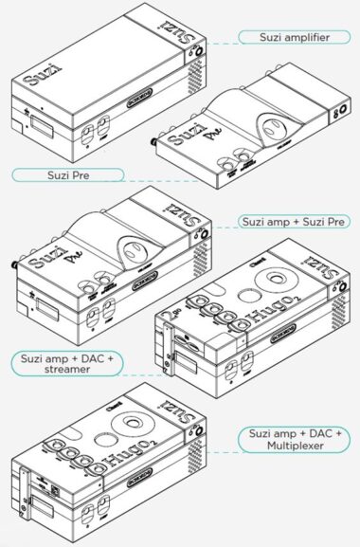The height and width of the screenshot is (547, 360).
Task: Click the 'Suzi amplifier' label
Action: pos(294,38)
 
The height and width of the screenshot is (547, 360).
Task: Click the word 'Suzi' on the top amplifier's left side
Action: pos(35,72)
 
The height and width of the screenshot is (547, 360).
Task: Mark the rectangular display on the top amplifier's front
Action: pos(42,120)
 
